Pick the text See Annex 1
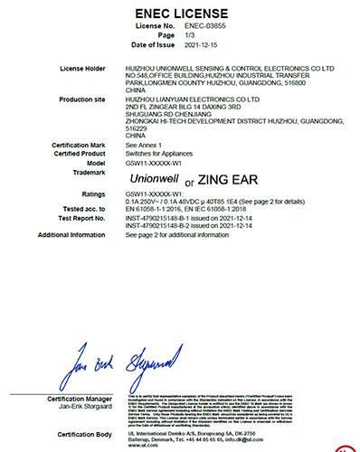click(171, 146)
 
